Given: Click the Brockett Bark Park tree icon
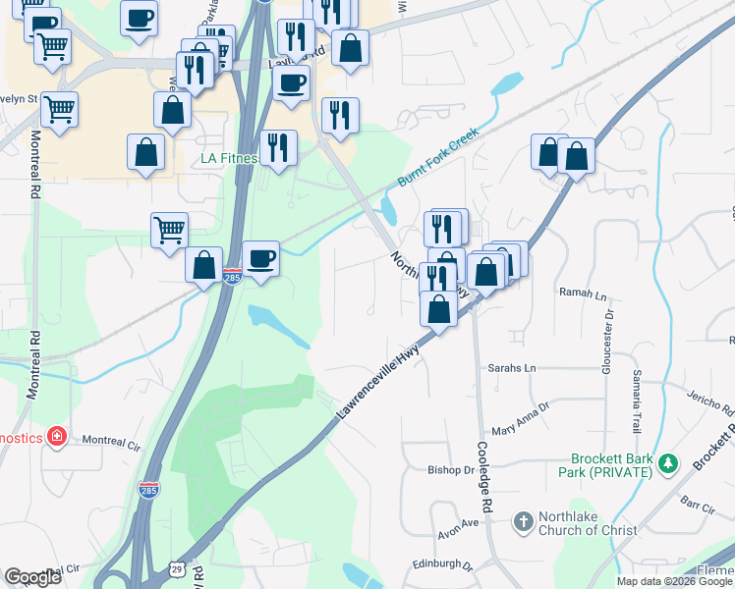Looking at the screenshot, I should (667, 461).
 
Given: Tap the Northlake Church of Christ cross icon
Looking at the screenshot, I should (523, 520).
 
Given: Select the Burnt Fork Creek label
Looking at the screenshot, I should (437, 157).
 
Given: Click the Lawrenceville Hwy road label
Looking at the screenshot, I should (378, 383).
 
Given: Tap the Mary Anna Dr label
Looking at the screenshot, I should (520, 420).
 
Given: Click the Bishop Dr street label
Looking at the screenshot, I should (451, 470).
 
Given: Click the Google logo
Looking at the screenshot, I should (32, 577).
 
